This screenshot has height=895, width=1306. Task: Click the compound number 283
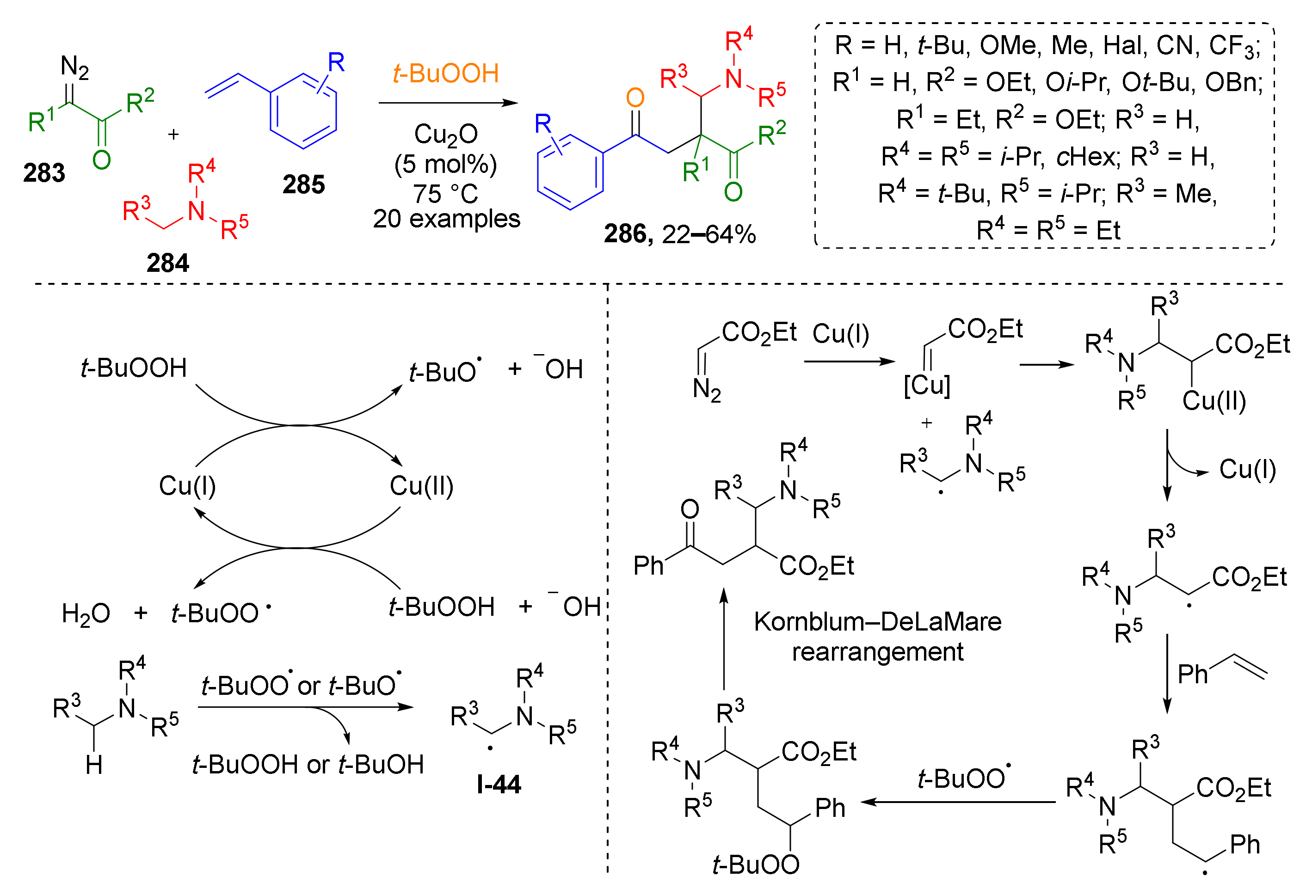click(x=44, y=172)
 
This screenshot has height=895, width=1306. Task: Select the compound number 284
click(x=167, y=263)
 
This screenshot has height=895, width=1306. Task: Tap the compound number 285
click(x=303, y=184)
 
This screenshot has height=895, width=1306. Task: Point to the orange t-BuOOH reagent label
click(x=446, y=74)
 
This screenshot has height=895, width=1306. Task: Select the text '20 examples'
click(x=446, y=219)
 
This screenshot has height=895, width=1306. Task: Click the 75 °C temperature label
click(x=446, y=194)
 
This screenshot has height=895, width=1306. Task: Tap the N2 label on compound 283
click(x=75, y=67)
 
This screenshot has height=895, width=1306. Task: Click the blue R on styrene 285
click(x=336, y=62)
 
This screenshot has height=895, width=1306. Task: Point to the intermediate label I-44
click(x=499, y=785)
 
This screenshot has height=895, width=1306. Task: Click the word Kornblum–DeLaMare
click(x=877, y=622)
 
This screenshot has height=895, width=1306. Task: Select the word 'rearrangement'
click(x=877, y=652)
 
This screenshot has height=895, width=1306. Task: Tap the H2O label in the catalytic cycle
click(x=86, y=613)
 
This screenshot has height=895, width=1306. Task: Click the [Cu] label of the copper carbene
click(x=927, y=386)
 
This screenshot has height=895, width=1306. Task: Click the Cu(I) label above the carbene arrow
click(x=841, y=334)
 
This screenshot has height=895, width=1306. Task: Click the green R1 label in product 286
click(x=695, y=171)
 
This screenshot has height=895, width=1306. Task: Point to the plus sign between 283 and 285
click(x=173, y=134)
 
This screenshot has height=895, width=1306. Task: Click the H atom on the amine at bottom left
click(x=94, y=765)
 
